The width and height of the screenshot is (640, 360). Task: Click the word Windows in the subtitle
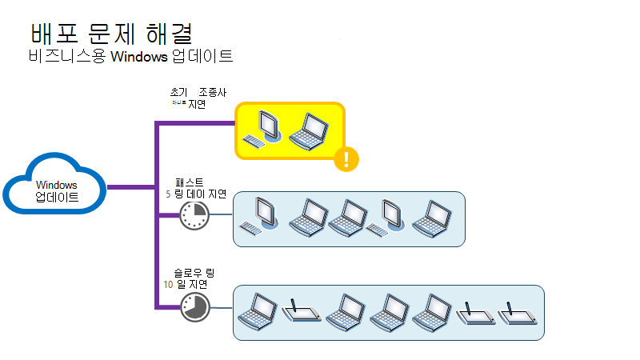140,57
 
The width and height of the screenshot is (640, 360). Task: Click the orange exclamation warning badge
346,158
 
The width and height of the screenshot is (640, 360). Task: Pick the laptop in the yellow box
309,130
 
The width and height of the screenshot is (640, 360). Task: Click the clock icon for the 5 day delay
193,215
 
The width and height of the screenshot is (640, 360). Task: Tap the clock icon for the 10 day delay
193,306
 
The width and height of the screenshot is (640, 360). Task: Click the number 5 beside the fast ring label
168,194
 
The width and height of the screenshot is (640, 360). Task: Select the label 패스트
189,182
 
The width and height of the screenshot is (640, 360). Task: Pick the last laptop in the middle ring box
432,218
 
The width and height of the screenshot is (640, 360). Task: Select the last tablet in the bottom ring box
517,314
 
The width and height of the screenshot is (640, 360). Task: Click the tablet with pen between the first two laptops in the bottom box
303,312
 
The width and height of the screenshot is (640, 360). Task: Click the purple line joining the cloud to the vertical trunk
130,188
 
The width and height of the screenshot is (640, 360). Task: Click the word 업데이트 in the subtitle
203,57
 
